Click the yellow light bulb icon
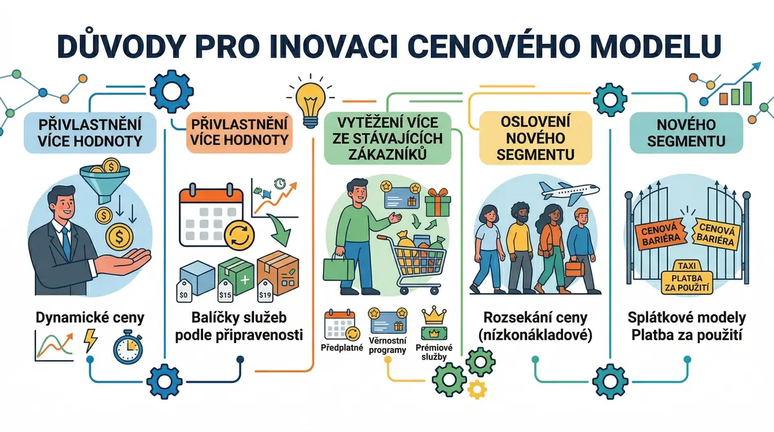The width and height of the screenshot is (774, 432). pyautogui.click(x=311, y=105)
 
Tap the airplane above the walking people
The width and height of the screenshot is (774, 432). pyautogui.click(x=569, y=192)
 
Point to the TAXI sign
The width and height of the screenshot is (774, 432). pyautogui.click(x=687, y=266)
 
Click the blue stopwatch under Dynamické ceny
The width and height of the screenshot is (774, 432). pyautogui.click(x=128, y=346)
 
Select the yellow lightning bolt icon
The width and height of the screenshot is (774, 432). pyautogui.click(x=90, y=340)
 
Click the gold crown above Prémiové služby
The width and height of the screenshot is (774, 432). pyautogui.click(x=434, y=314)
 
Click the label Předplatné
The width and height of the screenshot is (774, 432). pyautogui.click(x=342, y=347)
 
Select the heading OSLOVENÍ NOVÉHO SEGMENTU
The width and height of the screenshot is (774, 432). pyautogui.click(x=535, y=138)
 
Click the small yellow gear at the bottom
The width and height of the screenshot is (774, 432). pyautogui.click(x=477, y=389)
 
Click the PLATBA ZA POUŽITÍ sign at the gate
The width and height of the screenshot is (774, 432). pyautogui.click(x=687, y=283)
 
